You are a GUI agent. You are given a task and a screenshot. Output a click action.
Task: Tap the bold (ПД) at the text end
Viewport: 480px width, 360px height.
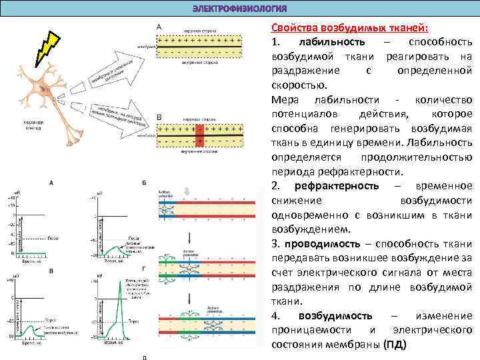click(x=394, y=345)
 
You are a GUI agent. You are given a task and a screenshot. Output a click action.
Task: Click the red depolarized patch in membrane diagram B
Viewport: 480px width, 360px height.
click(x=199, y=137)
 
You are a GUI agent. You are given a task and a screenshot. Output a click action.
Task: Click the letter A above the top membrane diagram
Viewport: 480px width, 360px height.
click(x=159, y=26)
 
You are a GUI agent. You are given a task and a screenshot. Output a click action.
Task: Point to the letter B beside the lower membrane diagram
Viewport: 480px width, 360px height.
click(x=159, y=117)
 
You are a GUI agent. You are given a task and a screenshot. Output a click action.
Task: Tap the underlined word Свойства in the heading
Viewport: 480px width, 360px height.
click(x=292, y=27)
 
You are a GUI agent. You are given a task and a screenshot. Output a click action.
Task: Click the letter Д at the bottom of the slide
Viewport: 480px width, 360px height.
click(x=145, y=357)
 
